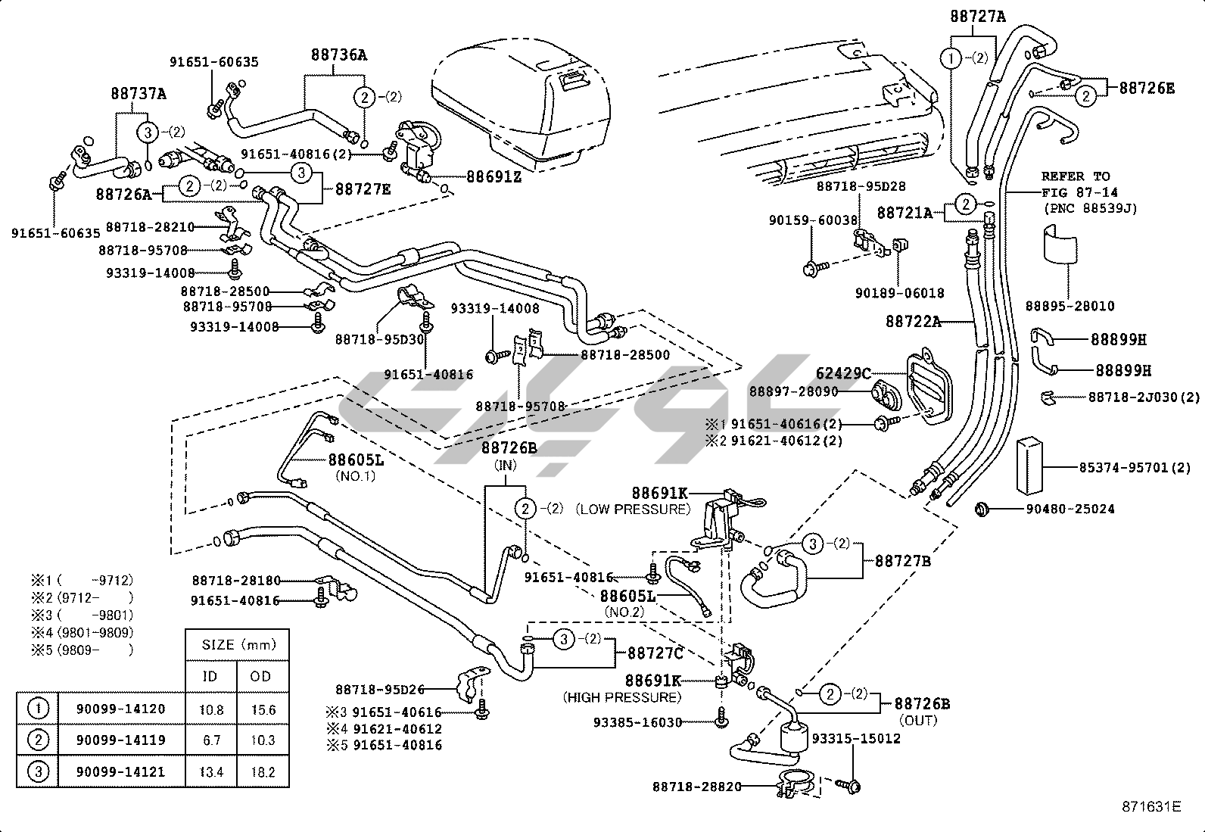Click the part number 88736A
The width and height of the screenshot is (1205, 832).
339,55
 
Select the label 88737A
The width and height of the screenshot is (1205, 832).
139,94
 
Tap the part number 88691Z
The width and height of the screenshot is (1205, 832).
494,176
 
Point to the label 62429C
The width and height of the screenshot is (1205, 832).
842,372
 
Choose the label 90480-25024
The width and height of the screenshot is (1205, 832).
1070,509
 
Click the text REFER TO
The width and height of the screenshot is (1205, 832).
1076,176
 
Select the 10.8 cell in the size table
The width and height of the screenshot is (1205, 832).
210,709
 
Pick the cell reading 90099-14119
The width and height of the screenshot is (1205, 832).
120,740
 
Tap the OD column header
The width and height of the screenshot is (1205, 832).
260,676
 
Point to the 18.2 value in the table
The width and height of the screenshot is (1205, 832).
262,772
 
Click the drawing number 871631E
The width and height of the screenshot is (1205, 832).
1151,806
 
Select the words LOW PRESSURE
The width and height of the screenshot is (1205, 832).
634,509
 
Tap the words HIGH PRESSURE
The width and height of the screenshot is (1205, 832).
621,696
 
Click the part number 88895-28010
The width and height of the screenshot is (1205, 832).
1070,306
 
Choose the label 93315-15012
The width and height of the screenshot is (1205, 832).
856,738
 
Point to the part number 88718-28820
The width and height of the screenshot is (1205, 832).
697,787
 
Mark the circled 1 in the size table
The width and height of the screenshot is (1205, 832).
38,709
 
